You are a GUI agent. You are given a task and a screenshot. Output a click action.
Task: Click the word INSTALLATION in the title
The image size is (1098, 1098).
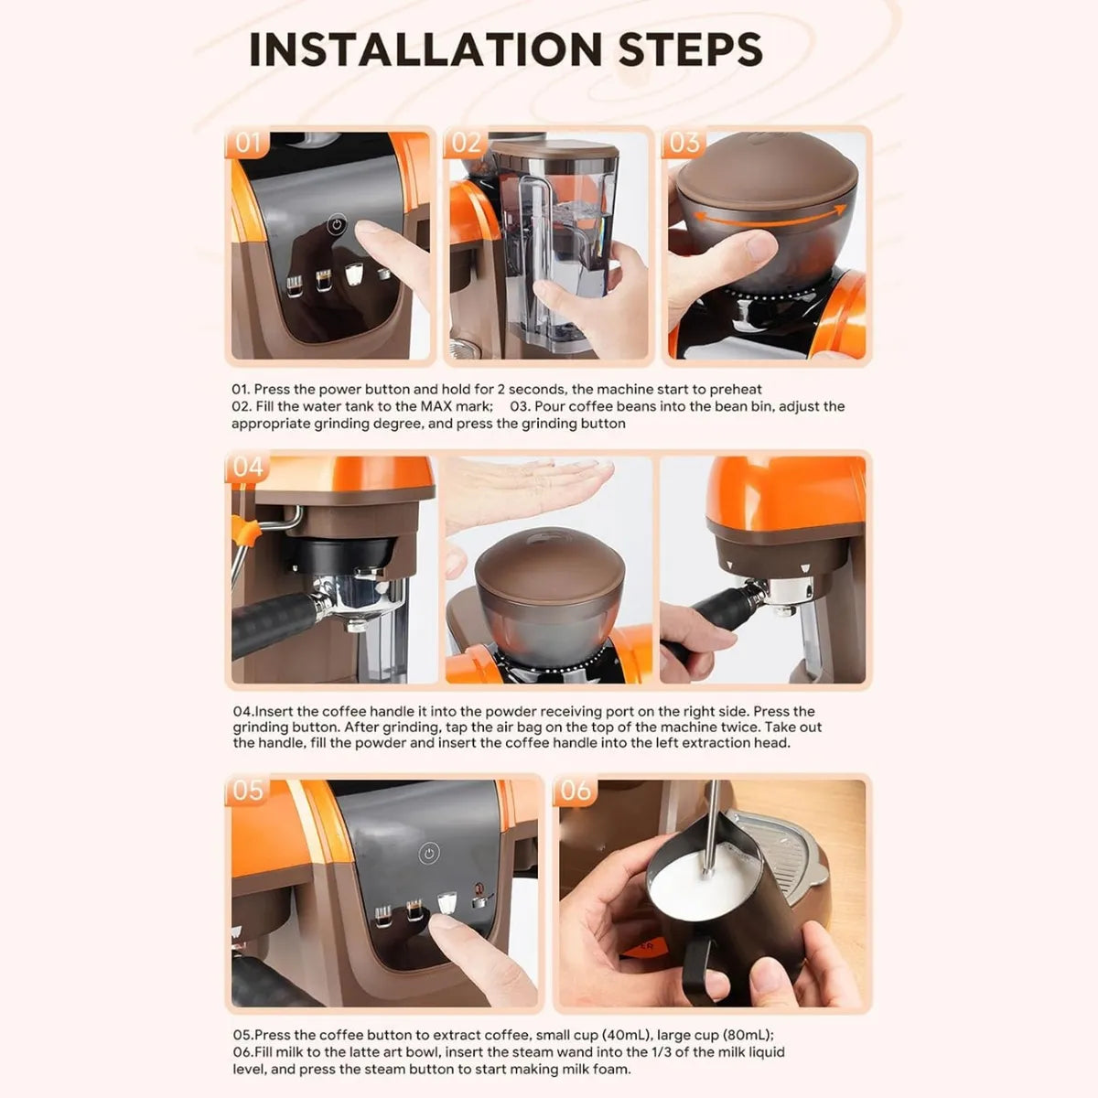(x=426, y=49)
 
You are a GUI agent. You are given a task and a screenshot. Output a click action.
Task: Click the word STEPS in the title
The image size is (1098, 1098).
(x=690, y=49)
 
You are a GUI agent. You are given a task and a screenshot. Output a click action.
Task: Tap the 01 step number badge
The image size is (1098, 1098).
(x=247, y=143)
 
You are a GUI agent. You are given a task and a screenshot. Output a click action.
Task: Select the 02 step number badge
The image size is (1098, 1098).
(x=466, y=143)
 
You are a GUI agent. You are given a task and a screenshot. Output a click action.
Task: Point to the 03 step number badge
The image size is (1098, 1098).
(x=684, y=143)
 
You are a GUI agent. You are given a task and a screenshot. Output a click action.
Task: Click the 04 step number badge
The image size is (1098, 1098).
(x=248, y=468)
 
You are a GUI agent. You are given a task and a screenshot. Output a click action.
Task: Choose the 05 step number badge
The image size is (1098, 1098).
(x=248, y=791)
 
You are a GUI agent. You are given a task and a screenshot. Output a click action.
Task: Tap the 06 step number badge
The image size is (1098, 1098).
(x=576, y=791)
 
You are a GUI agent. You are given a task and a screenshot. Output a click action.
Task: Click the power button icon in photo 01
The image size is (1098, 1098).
(x=337, y=224)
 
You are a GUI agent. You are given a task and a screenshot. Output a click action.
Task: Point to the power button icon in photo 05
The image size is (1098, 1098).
(x=429, y=853)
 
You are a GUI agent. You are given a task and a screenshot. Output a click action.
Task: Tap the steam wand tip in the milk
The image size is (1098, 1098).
(x=709, y=870)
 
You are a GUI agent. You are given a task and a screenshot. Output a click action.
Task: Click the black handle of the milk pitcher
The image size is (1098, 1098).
(x=697, y=963)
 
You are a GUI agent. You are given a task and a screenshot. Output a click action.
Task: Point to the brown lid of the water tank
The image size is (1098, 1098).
(x=554, y=149)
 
